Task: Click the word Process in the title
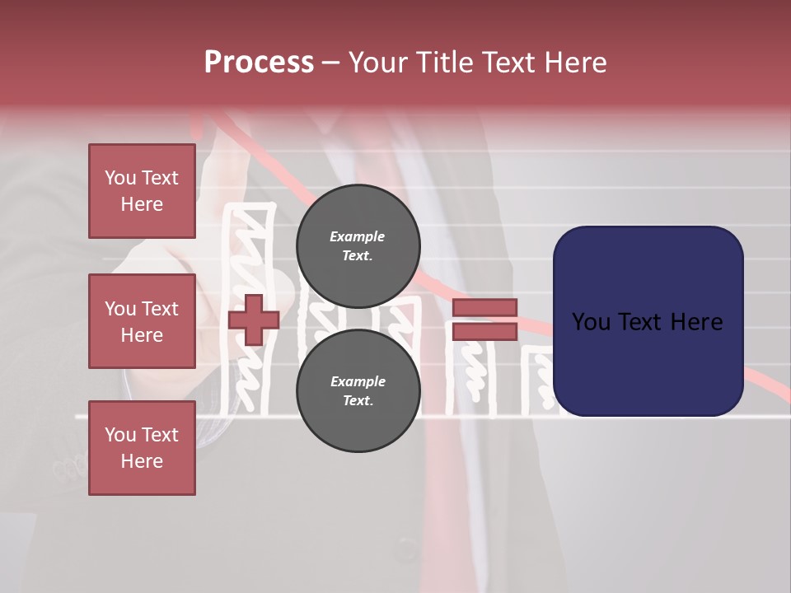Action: (259, 63)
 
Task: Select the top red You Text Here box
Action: (142, 191)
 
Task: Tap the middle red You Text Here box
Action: (142, 321)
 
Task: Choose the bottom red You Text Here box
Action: (142, 448)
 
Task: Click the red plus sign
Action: (254, 320)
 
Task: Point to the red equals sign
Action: (484, 320)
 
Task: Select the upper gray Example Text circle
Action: (358, 246)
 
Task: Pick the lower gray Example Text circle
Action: (358, 391)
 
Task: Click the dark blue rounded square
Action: (648, 321)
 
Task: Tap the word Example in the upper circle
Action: (358, 236)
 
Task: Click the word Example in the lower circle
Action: (358, 381)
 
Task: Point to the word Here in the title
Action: (577, 63)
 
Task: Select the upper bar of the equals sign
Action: (484, 308)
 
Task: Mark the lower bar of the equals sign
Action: (484, 331)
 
